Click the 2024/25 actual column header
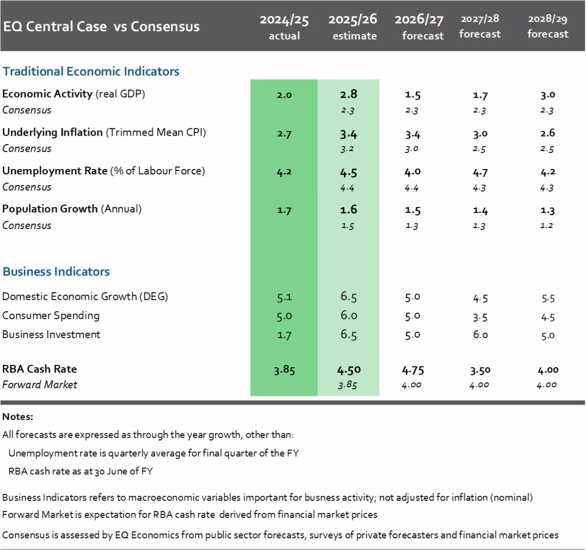point(284,27)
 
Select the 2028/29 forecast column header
point(547,26)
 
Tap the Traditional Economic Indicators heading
point(91,71)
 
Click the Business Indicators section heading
point(56,272)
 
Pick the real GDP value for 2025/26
point(349,94)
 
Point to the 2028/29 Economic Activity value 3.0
point(547,95)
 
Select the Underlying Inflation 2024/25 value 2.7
point(284,133)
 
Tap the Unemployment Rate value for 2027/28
point(480,172)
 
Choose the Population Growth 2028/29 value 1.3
point(547,211)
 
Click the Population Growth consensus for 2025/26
point(348,226)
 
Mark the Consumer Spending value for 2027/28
point(480,317)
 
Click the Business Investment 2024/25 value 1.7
point(284,335)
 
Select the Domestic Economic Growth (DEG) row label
point(85,296)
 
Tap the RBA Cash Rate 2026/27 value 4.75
point(413,370)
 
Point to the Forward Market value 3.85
point(348,385)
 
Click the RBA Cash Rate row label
point(40,369)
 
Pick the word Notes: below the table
point(18,417)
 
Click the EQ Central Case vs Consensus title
point(101,26)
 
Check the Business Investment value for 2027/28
point(480,335)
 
